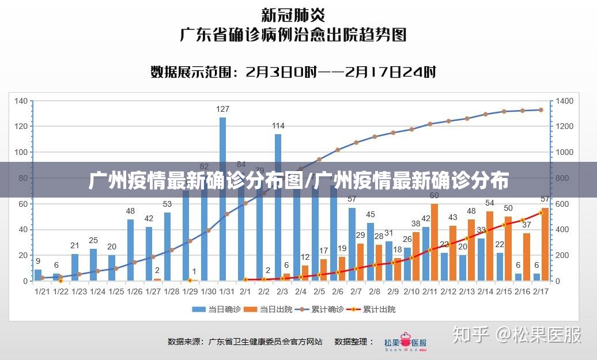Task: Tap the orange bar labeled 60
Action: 434,242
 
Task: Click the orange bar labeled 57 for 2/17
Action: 545,244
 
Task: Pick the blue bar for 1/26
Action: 130,250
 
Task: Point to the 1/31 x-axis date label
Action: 226,291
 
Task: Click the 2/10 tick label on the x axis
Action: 411,291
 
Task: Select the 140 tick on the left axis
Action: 21,101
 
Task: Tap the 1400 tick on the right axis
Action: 565,101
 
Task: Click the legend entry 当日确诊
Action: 216,309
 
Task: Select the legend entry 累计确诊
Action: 320,309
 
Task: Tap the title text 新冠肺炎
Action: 293,14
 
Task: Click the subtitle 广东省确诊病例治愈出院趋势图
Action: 293,35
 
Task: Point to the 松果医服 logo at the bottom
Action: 406,342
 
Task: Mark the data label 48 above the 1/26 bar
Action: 130,211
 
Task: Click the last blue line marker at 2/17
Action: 541,109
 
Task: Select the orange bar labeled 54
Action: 490,246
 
